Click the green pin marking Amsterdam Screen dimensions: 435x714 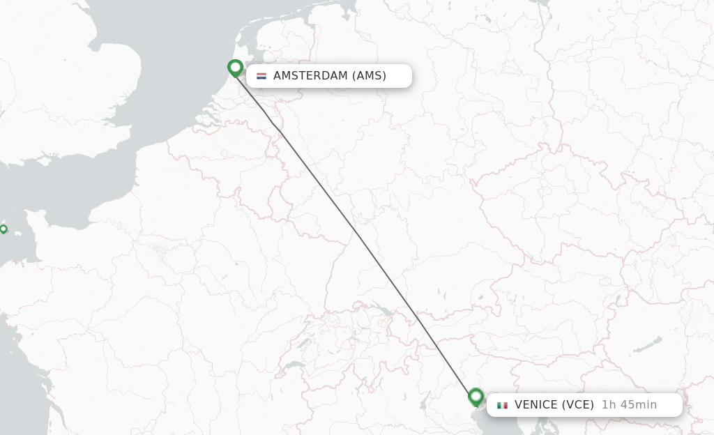coord(235,68)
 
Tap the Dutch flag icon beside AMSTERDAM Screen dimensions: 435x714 coord(261,76)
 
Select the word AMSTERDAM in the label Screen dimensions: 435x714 coord(310,76)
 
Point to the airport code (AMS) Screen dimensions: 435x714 coord(369,76)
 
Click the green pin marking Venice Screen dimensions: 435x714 coord(476,397)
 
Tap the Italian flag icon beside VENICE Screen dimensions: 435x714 coord(502,405)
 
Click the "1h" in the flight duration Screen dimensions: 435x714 coord(609,405)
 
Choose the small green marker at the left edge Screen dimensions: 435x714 coord(3,229)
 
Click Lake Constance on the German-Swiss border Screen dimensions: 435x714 coord(381,310)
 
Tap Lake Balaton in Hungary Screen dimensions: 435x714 coord(647,346)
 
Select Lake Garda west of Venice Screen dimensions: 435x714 coord(424,399)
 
